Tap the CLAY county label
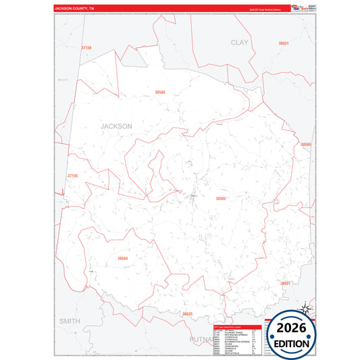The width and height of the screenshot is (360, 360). (240, 42)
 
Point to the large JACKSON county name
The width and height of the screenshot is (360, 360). (116, 126)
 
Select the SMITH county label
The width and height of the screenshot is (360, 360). (70, 320)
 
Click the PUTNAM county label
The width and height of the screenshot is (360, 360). (207, 338)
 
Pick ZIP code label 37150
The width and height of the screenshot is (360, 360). (86, 48)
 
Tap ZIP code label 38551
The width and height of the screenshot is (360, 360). (284, 43)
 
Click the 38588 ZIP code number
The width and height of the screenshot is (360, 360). (159, 91)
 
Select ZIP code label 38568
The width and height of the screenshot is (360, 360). (306, 144)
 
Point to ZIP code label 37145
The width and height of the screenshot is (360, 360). (73, 176)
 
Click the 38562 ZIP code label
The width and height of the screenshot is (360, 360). (221, 199)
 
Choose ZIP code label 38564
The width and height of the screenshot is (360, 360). (122, 258)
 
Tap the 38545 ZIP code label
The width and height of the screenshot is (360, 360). (187, 313)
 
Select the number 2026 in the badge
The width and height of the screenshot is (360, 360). (291, 330)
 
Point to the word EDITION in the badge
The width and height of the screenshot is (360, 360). (291, 344)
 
